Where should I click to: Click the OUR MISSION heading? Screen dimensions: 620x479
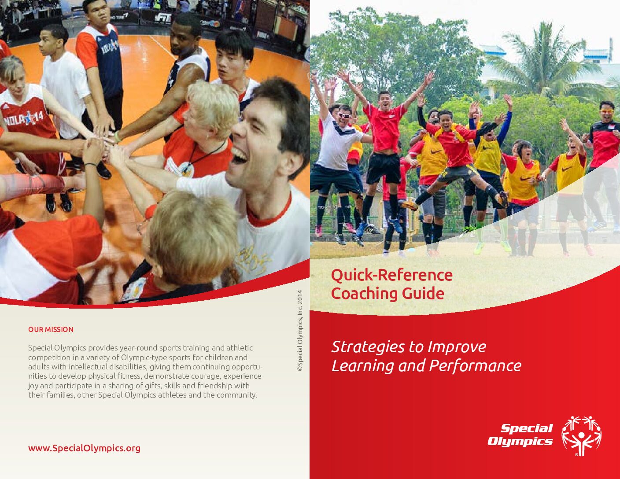click(51, 329)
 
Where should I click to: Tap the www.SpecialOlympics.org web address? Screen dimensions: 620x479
click(84, 448)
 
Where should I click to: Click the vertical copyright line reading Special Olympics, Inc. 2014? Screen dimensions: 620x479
click(299, 331)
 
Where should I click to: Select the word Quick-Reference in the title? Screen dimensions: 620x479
click(392, 275)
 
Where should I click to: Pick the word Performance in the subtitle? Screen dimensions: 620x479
click(475, 365)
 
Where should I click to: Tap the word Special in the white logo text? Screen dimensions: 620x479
click(527, 428)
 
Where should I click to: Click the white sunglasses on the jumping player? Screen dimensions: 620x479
click(343, 115)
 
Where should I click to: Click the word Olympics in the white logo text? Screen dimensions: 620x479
click(520, 441)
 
